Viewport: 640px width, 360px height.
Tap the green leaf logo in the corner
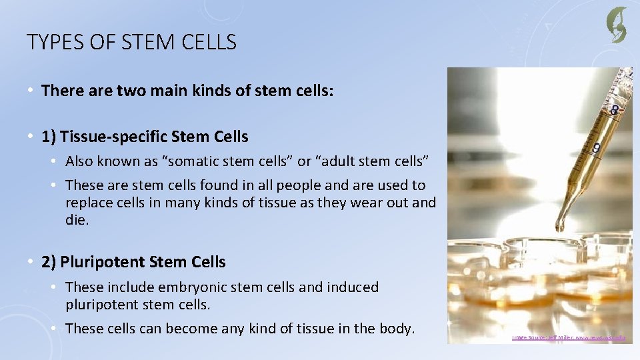click(616, 25)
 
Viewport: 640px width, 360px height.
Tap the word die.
click(77, 220)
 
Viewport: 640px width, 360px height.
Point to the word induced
click(353, 287)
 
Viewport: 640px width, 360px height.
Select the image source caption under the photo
click(569, 338)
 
